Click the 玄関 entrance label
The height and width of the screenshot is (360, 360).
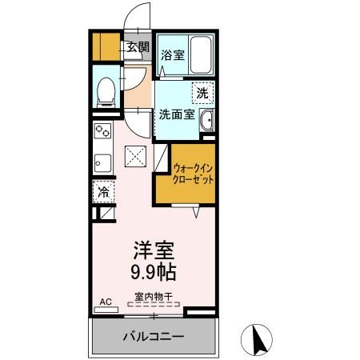click(x=138, y=47)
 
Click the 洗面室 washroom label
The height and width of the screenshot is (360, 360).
click(x=176, y=114)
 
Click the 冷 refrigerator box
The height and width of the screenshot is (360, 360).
click(x=103, y=191)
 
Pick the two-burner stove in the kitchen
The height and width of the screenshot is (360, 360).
click(x=103, y=130)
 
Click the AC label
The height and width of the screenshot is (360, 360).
click(x=104, y=302)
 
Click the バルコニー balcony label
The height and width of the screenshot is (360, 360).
click(x=154, y=336)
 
